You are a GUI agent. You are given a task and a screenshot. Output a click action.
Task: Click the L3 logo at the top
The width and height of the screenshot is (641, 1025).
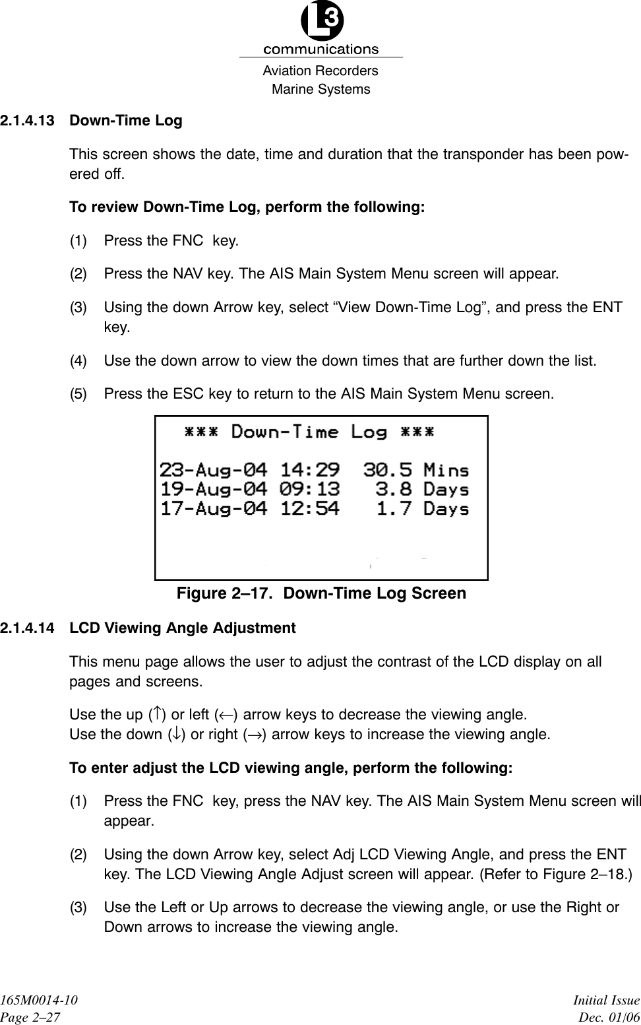pyautogui.click(x=321, y=22)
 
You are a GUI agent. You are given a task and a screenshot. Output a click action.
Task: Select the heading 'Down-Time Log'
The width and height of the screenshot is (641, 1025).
pyautogui.click(x=126, y=121)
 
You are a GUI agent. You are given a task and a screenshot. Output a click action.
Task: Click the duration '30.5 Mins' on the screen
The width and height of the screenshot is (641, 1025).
pyautogui.click(x=416, y=470)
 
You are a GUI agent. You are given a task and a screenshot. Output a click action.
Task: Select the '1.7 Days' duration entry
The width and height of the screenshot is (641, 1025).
pyautogui.click(x=423, y=509)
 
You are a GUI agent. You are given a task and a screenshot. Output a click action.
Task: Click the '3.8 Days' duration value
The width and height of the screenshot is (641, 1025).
pyautogui.click(x=422, y=490)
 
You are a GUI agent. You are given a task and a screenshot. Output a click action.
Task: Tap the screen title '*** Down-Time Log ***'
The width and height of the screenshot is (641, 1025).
pyautogui.click(x=309, y=432)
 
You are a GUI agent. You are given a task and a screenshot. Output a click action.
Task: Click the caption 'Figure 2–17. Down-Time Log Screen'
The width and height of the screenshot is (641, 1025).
pyautogui.click(x=321, y=593)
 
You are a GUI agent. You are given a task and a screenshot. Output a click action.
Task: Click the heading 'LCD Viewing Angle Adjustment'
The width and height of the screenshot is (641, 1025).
pyautogui.click(x=183, y=628)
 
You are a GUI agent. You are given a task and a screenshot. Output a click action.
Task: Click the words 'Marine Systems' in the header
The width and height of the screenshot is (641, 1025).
pyautogui.click(x=321, y=89)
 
